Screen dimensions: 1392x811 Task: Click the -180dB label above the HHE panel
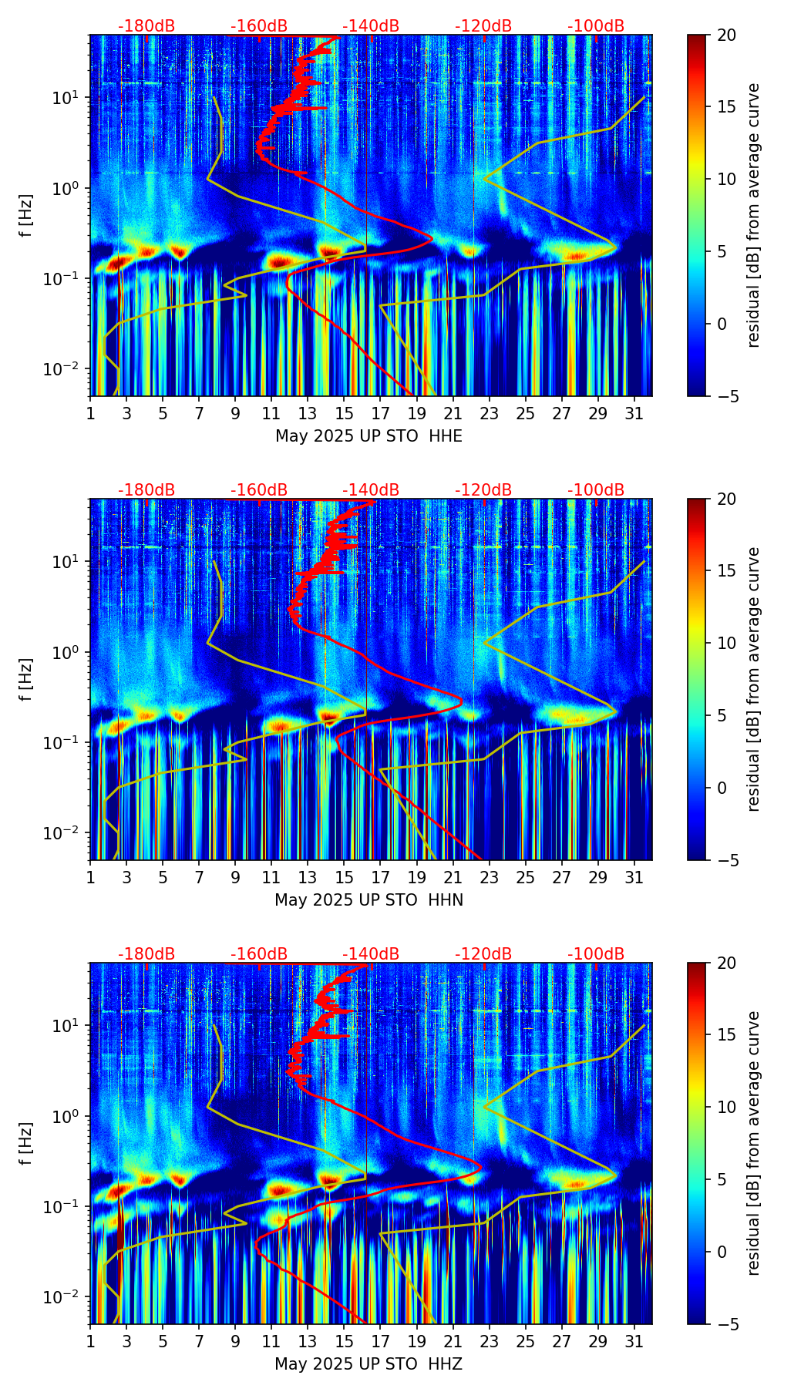click(146, 26)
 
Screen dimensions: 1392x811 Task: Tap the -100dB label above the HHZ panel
click(596, 954)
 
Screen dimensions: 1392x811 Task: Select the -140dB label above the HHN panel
click(371, 490)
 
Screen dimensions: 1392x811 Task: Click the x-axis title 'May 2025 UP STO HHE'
click(368, 436)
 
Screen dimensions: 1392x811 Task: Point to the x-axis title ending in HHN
click(368, 900)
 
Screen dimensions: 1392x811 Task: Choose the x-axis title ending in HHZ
click(368, 1364)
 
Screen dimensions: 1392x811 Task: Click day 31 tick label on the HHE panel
click(634, 414)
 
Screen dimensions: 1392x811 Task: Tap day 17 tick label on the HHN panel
click(381, 878)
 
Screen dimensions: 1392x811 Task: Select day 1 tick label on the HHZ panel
click(91, 1342)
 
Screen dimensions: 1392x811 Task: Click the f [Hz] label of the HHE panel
click(27, 216)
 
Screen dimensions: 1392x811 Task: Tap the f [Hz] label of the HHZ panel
click(27, 1144)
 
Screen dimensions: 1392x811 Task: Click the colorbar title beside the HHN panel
click(754, 679)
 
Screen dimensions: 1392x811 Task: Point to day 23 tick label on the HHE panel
click(490, 414)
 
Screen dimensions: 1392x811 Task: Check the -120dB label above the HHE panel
click(483, 26)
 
